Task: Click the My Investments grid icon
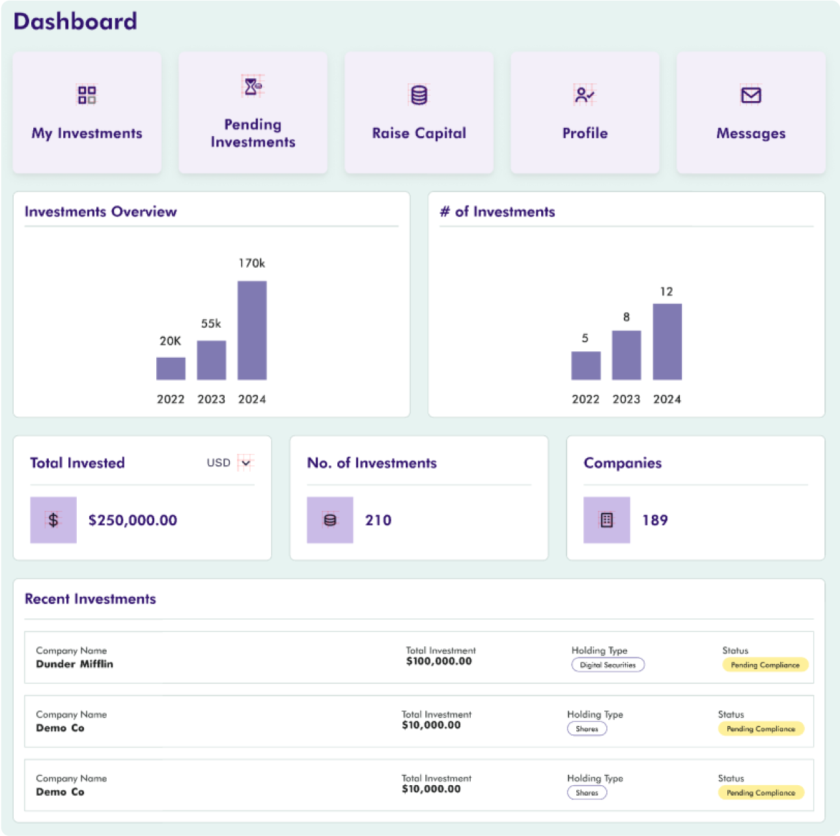tap(87, 95)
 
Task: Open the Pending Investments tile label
tap(253, 133)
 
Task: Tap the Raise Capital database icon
tap(419, 95)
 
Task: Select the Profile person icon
tap(584, 95)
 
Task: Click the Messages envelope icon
tap(751, 95)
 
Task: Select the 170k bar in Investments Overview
tap(252, 330)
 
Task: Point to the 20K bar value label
tap(171, 341)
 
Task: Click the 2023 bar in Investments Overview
tap(212, 360)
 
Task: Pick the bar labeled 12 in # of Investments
tap(667, 341)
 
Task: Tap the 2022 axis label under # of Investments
tap(585, 399)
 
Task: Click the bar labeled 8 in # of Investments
tap(626, 355)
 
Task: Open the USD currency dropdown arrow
tap(245, 463)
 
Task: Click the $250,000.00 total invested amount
tap(133, 520)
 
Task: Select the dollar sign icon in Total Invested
tap(53, 520)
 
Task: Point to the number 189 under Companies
tap(655, 520)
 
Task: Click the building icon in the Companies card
tap(606, 520)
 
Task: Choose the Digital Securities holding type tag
tap(608, 665)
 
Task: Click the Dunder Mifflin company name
tap(75, 664)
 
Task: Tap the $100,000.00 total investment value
tap(439, 661)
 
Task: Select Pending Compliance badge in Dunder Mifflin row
tap(765, 665)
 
